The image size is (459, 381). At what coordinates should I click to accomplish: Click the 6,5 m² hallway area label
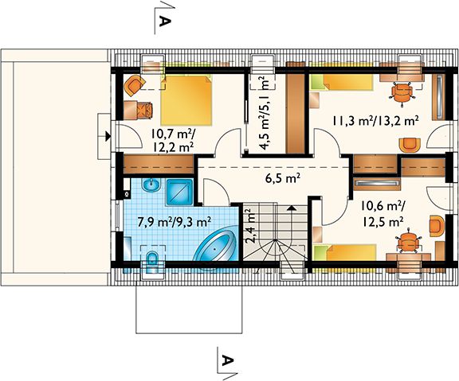coord(282,178)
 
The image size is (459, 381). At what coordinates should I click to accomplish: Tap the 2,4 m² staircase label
coord(251,226)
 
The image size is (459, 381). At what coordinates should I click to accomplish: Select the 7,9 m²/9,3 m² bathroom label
coord(175,223)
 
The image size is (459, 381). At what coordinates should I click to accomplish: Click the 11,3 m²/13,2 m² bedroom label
coord(375,120)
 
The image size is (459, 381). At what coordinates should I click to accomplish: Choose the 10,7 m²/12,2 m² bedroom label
coord(173,141)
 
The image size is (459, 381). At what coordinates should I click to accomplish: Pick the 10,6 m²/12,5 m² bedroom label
coord(382,215)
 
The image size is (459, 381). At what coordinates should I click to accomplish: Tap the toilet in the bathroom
coord(152,261)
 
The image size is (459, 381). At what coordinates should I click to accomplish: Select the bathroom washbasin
coord(151,185)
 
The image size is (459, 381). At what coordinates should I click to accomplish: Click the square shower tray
coord(180,192)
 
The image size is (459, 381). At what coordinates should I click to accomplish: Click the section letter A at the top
coord(164,21)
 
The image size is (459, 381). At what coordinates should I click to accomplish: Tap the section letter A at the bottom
coord(227,360)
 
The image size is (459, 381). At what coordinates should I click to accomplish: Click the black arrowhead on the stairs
coord(292,208)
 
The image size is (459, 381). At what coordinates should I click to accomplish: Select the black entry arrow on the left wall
coord(108,136)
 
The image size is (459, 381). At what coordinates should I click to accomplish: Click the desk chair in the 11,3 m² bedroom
coord(402,92)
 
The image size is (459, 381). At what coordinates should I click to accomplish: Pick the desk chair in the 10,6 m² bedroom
coord(408,240)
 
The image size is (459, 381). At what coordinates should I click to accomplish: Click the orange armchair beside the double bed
coord(135,85)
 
